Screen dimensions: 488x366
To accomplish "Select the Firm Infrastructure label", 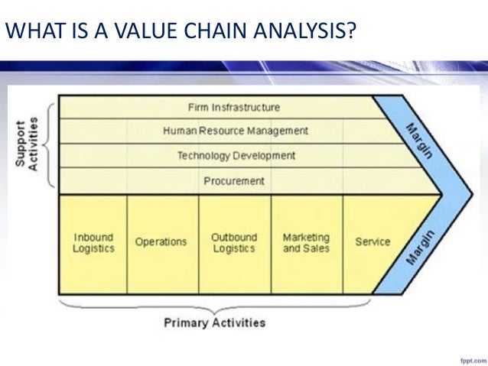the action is pos(233,107).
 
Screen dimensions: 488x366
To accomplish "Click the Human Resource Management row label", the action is pos(236,131).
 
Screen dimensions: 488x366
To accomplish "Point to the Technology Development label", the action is pos(236,156).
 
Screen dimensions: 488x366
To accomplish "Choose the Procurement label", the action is pos(234,181).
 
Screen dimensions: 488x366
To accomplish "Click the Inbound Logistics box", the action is pos(94,243).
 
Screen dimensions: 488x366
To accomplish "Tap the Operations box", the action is pos(161,242).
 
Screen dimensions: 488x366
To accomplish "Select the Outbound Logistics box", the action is pos(234,243).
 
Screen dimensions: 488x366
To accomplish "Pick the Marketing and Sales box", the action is pos(306,243).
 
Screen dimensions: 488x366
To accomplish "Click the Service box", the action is pos(373,242).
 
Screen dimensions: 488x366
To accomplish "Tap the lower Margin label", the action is pos(418,246).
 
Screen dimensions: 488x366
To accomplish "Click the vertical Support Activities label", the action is pos(27,144).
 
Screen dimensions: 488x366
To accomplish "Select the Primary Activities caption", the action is pos(215,322).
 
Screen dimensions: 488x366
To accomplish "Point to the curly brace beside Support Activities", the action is pos(50,144).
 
